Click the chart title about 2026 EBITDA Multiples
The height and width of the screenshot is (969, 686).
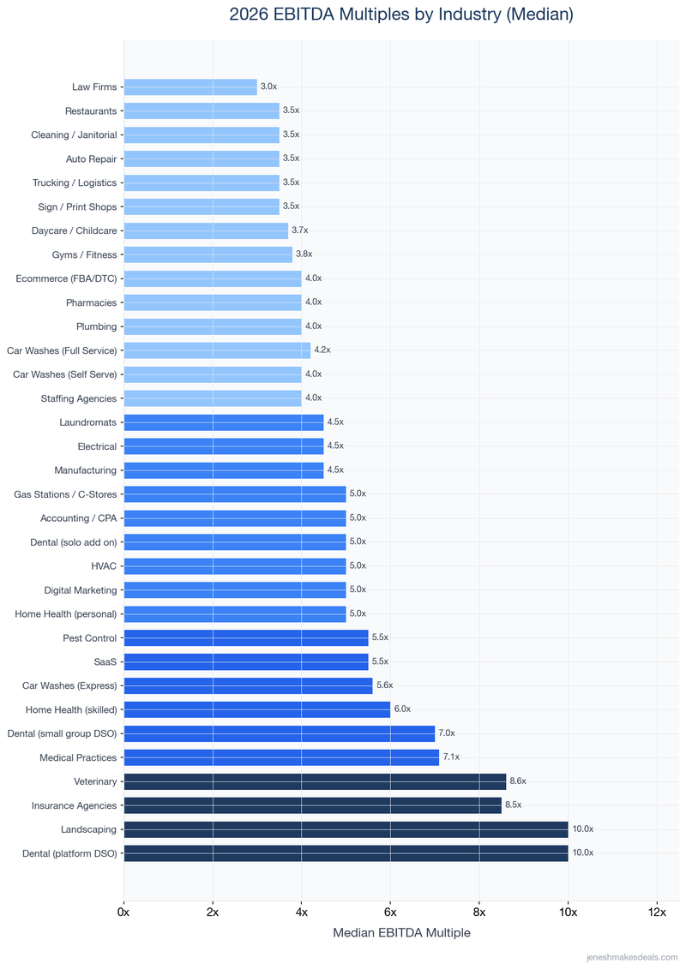(x=401, y=15)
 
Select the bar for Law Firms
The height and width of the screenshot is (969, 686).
(x=190, y=87)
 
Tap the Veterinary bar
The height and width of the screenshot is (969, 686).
(x=315, y=781)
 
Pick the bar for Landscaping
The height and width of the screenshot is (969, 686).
(x=346, y=829)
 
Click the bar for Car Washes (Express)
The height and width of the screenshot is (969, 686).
(x=248, y=685)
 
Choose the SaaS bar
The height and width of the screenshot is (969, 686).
(x=246, y=661)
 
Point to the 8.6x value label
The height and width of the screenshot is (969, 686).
(x=518, y=781)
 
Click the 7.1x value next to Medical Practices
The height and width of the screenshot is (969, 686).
(x=451, y=757)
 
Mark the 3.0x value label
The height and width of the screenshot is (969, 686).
(x=268, y=87)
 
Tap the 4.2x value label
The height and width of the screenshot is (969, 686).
(x=322, y=350)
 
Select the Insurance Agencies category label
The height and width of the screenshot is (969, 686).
(x=74, y=805)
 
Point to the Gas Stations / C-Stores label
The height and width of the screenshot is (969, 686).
(x=65, y=494)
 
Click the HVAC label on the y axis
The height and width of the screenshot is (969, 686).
(x=104, y=566)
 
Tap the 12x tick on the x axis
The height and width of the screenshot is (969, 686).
(x=657, y=912)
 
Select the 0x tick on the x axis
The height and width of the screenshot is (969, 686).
(x=124, y=912)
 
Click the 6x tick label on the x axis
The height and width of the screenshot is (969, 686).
(x=390, y=912)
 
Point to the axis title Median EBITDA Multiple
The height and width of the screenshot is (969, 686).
(x=401, y=933)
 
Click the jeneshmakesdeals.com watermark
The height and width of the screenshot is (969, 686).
(x=631, y=957)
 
